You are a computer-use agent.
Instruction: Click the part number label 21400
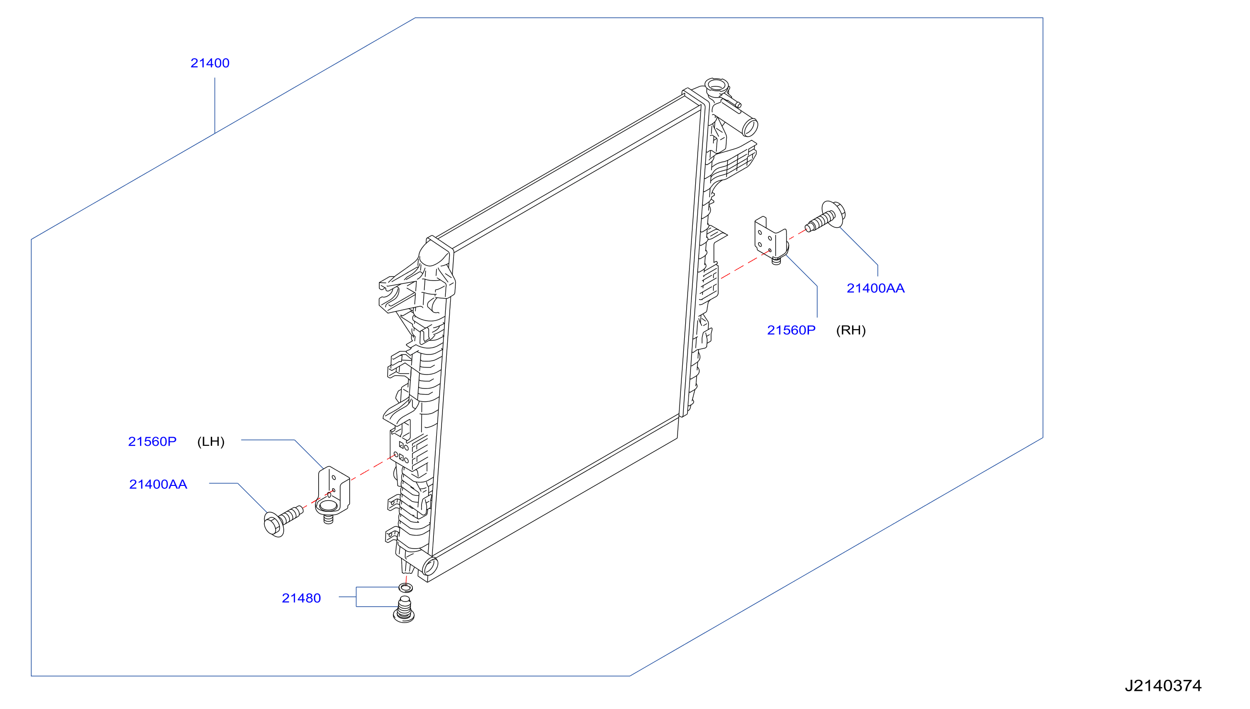point(210,63)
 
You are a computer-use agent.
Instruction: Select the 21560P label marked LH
point(152,441)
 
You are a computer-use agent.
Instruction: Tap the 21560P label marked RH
point(791,330)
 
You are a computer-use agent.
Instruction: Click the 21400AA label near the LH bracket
point(158,484)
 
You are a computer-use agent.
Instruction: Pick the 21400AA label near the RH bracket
point(875,288)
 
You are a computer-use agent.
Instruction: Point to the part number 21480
point(302,599)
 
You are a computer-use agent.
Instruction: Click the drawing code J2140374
point(1163,686)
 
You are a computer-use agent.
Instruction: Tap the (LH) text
point(211,441)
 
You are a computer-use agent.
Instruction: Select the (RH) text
point(851,330)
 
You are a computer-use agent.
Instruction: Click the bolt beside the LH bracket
point(282,522)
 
